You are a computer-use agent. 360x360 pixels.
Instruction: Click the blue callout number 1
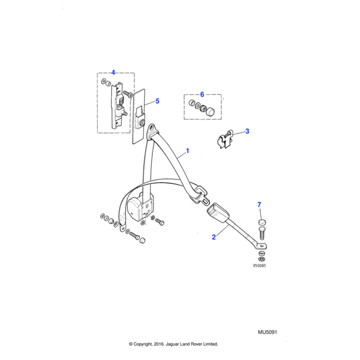click(187, 151)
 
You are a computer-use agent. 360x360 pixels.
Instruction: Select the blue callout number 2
click(213, 237)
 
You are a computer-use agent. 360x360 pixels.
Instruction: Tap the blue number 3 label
click(247, 131)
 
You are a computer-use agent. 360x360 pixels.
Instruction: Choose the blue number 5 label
click(157, 101)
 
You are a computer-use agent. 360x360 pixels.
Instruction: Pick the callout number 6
click(202, 94)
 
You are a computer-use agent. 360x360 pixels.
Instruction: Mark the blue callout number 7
click(259, 205)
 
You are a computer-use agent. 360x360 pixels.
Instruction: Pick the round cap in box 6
click(211, 109)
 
